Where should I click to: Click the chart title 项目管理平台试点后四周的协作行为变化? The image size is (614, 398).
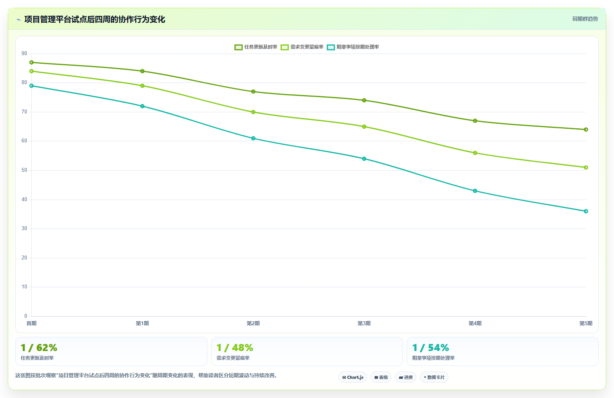tap(95, 20)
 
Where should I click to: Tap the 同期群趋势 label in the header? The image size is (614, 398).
tap(585, 19)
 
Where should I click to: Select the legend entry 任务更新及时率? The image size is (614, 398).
tap(256, 47)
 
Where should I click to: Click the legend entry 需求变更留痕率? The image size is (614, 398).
tap(302, 47)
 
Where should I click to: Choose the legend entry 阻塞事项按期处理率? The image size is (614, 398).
tap(353, 47)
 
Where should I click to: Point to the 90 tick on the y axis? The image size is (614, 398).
tap(24, 54)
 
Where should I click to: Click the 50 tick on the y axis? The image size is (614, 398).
tap(24, 170)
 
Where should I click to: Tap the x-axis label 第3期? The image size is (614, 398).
tap(364, 323)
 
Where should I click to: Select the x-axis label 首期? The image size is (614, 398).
tap(32, 323)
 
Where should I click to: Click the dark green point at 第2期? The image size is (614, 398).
tap(253, 92)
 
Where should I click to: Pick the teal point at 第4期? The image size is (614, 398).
tap(475, 191)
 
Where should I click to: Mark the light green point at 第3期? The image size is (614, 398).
tap(364, 127)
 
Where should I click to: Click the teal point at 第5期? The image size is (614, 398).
tap(586, 211)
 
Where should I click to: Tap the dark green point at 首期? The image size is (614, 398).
tap(32, 63)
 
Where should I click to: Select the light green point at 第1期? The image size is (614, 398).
tap(142, 86)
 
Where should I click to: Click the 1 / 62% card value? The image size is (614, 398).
tap(39, 348)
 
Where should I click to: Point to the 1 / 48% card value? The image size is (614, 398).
tap(235, 348)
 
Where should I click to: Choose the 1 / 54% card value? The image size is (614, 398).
tap(431, 348)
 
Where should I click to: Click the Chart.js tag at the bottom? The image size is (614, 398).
tap(353, 377)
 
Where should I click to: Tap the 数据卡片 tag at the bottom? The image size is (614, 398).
tap(434, 377)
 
